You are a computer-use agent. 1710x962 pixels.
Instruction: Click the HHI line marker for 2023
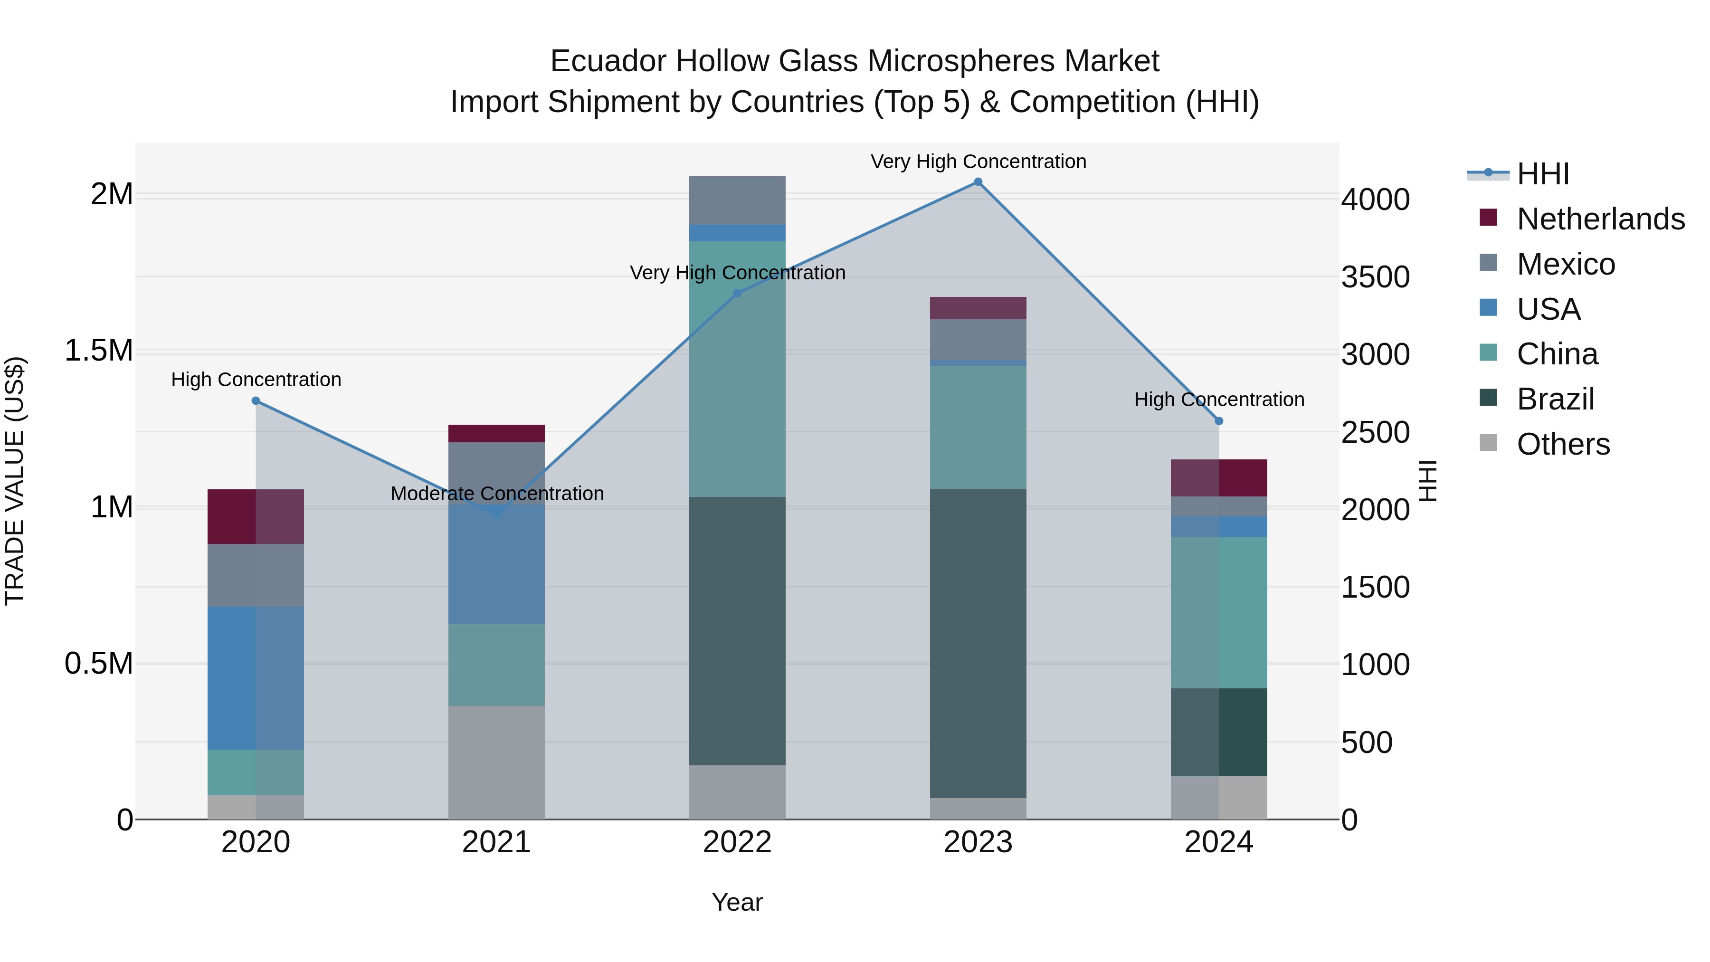click(978, 182)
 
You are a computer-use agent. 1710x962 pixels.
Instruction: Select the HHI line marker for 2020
click(256, 400)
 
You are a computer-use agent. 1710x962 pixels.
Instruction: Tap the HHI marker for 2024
click(1219, 421)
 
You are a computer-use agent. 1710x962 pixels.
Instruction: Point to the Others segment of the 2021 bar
click(496, 762)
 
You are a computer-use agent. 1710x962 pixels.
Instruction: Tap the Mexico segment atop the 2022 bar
click(737, 200)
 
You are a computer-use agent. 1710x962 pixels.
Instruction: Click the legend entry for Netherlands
click(1600, 219)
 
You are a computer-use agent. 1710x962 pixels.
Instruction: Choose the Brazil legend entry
click(1555, 399)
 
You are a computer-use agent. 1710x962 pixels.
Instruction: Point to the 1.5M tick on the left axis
click(99, 351)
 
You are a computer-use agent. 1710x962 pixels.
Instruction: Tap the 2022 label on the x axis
click(737, 842)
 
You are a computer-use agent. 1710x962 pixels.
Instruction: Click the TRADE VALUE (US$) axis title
click(15, 481)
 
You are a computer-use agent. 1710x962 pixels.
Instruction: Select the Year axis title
click(737, 902)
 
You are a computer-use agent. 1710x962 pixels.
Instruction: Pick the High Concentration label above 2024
click(1219, 399)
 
